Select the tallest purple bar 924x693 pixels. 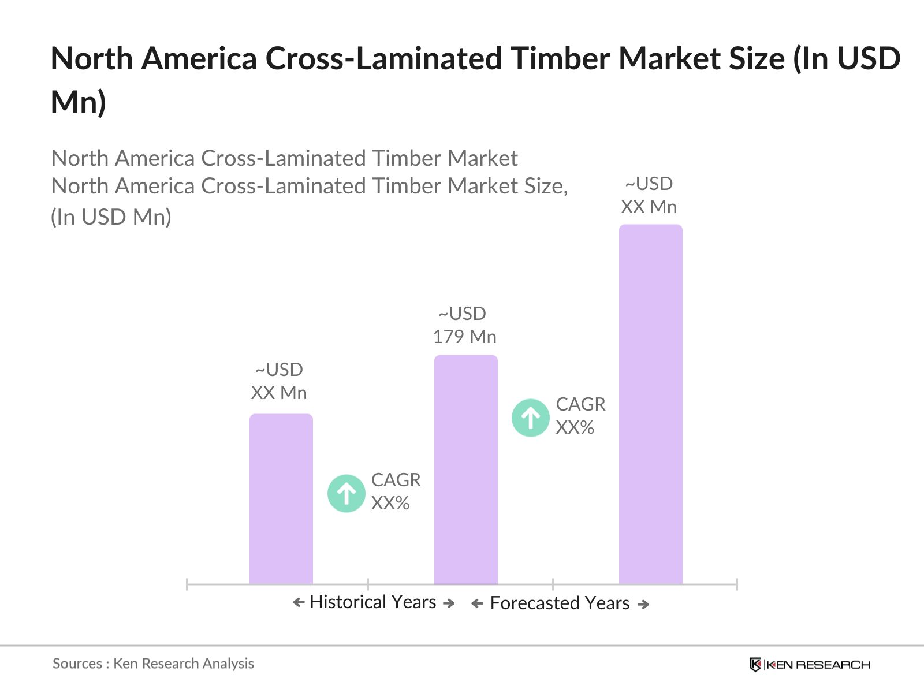point(650,404)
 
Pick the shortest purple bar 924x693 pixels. point(281,499)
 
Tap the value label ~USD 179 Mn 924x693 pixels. point(464,325)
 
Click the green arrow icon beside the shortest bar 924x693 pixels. point(346,493)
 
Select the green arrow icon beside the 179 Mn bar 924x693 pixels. point(530,418)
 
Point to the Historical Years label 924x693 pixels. point(372,602)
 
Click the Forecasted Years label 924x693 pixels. point(560,603)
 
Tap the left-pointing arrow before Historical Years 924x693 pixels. point(299,603)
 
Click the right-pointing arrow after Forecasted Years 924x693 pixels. point(643,605)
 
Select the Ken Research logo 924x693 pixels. point(809,665)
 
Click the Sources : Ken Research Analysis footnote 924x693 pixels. point(153,664)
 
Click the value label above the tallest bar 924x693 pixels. point(649,195)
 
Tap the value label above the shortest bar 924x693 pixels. point(279,381)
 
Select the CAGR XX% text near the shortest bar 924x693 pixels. point(396,491)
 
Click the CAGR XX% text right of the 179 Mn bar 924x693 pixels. point(580,416)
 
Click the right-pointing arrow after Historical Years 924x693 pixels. point(449,603)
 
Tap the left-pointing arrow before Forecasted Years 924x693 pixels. point(477,604)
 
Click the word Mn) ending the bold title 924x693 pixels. point(79,102)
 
